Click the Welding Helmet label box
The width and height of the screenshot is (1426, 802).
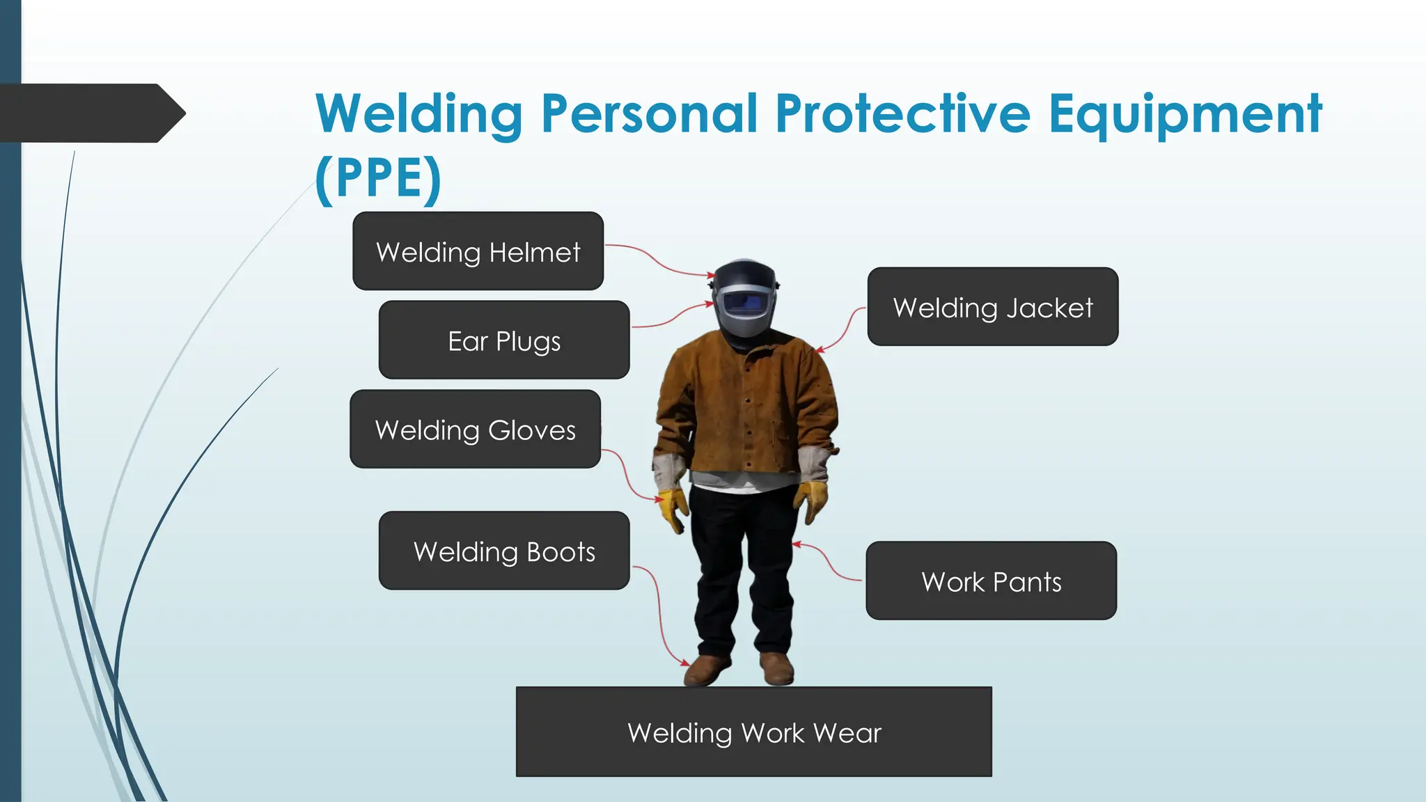tap(478, 251)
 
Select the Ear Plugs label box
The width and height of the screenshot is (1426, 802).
tap(503, 340)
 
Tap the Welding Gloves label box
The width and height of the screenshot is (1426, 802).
tap(475, 429)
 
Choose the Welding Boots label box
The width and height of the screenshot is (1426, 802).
tap(503, 551)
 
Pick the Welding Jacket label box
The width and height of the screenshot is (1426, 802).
tap(992, 307)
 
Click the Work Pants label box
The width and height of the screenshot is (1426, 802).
tap(991, 581)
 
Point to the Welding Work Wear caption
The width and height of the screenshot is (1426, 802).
tap(753, 732)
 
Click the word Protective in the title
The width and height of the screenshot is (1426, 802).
tap(902, 113)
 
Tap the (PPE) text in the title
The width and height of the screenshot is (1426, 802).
tap(378, 179)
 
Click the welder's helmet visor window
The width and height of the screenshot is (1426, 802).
tap(745, 303)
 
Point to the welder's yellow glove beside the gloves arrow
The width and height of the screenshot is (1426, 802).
tap(673, 508)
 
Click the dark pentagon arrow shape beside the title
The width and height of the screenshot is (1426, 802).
tap(91, 113)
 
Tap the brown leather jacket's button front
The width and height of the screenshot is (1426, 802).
tap(747, 411)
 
